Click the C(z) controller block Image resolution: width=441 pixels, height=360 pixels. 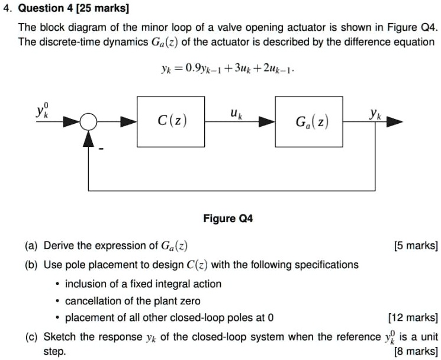coord(171,122)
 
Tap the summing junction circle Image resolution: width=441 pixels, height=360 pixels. coord(89,122)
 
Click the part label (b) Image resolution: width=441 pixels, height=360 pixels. coord(33,264)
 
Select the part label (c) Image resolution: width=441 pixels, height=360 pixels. coord(33,337)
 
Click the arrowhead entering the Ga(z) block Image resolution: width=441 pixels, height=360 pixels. coord(269,122)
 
